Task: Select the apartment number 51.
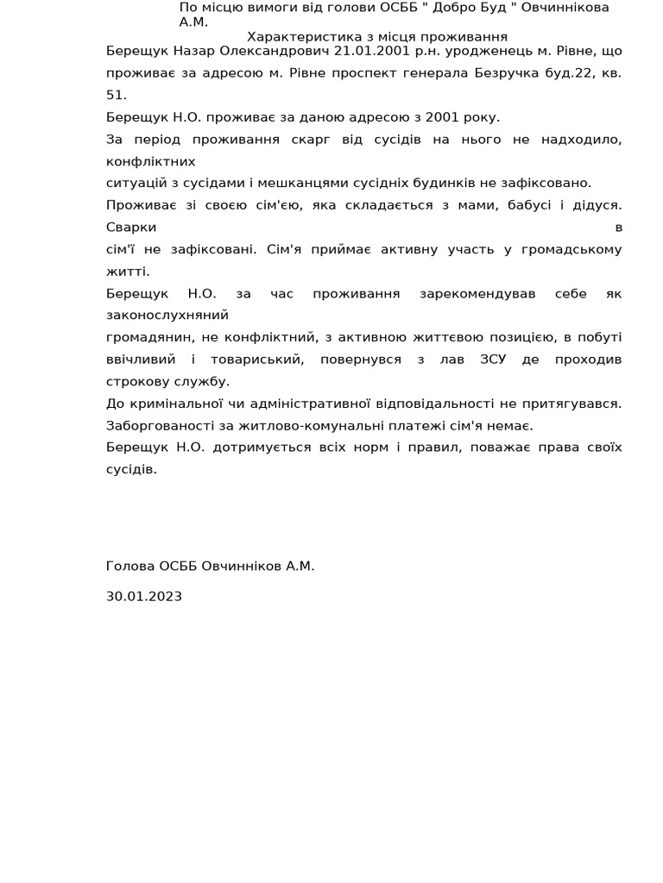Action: (116, 96)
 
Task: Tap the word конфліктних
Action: (151, 161)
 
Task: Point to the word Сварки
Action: (131, 228)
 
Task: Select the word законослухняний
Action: (167, 316)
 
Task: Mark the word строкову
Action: (137, 381)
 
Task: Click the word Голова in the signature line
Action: (130, 567)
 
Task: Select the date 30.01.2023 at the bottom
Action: (144, 596)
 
